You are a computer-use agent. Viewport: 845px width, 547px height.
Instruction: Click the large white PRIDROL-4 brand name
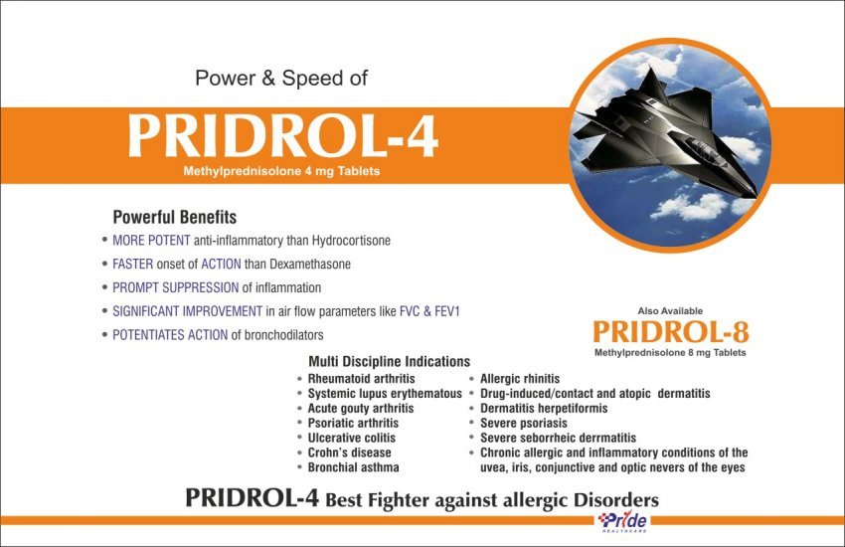(x=283, y=136)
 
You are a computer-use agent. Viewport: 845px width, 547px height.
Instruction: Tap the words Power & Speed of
(x=281, y=79)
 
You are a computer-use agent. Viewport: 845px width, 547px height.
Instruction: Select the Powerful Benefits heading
(x=175, y=217)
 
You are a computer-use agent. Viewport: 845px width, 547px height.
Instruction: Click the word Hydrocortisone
(x=351, y=241)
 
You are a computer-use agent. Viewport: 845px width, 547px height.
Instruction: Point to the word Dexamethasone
(x=310, y=265)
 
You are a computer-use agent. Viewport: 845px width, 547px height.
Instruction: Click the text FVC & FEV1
(x=429, y=311)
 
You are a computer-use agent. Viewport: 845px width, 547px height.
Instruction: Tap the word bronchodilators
(x=284, y=335)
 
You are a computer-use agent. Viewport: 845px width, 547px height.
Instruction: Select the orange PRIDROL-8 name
(x=671, y=332)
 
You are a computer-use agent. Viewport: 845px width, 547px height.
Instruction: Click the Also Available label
(x=670, y=311)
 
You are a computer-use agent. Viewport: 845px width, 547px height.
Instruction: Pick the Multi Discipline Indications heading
(x=389, y=361)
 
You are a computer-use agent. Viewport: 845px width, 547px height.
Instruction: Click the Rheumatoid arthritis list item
(x=361, y=379)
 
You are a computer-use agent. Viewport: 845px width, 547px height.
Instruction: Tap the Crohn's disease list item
(x=349, y=453)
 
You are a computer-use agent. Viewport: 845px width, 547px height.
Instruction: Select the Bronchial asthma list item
(x=354, y=467)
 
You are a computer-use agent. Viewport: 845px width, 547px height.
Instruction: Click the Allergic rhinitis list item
(x=520, y=379)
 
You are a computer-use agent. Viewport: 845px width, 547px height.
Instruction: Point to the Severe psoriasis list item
(x=524, y=423)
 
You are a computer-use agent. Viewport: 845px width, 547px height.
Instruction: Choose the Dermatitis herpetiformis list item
(x=544, y=409)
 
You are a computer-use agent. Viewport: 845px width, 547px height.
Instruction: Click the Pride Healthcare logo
(x=623, y=522)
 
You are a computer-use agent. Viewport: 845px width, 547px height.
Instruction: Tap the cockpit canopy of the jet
(x=702, y=148)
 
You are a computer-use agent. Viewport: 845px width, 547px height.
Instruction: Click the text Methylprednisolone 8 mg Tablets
(x=670, y=353)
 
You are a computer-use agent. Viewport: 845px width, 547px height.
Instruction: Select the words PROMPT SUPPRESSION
(x=175, y=287)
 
